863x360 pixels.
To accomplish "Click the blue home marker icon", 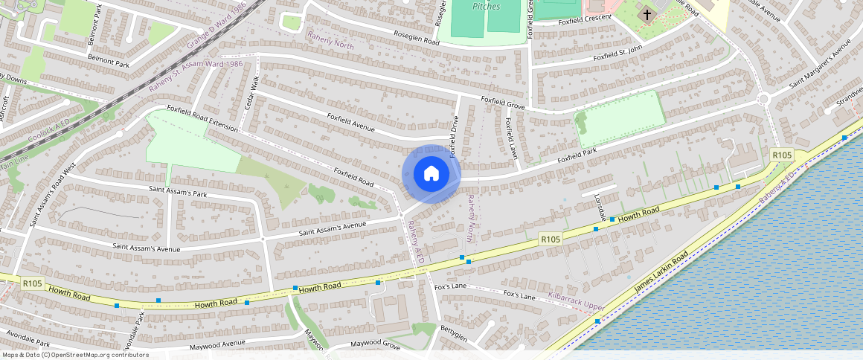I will (431, 174).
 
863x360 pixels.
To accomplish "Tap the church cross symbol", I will (647, 14).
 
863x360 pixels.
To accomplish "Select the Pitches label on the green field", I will (486, 6).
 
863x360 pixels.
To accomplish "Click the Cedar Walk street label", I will (251, 94).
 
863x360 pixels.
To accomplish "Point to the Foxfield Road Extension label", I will (202, 118).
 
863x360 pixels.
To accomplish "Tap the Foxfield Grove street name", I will (503, 104).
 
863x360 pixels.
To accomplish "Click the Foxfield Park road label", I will (577, 157).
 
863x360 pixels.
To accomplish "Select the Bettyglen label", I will (452, 335).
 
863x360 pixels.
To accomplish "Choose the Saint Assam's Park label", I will (176, 193).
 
